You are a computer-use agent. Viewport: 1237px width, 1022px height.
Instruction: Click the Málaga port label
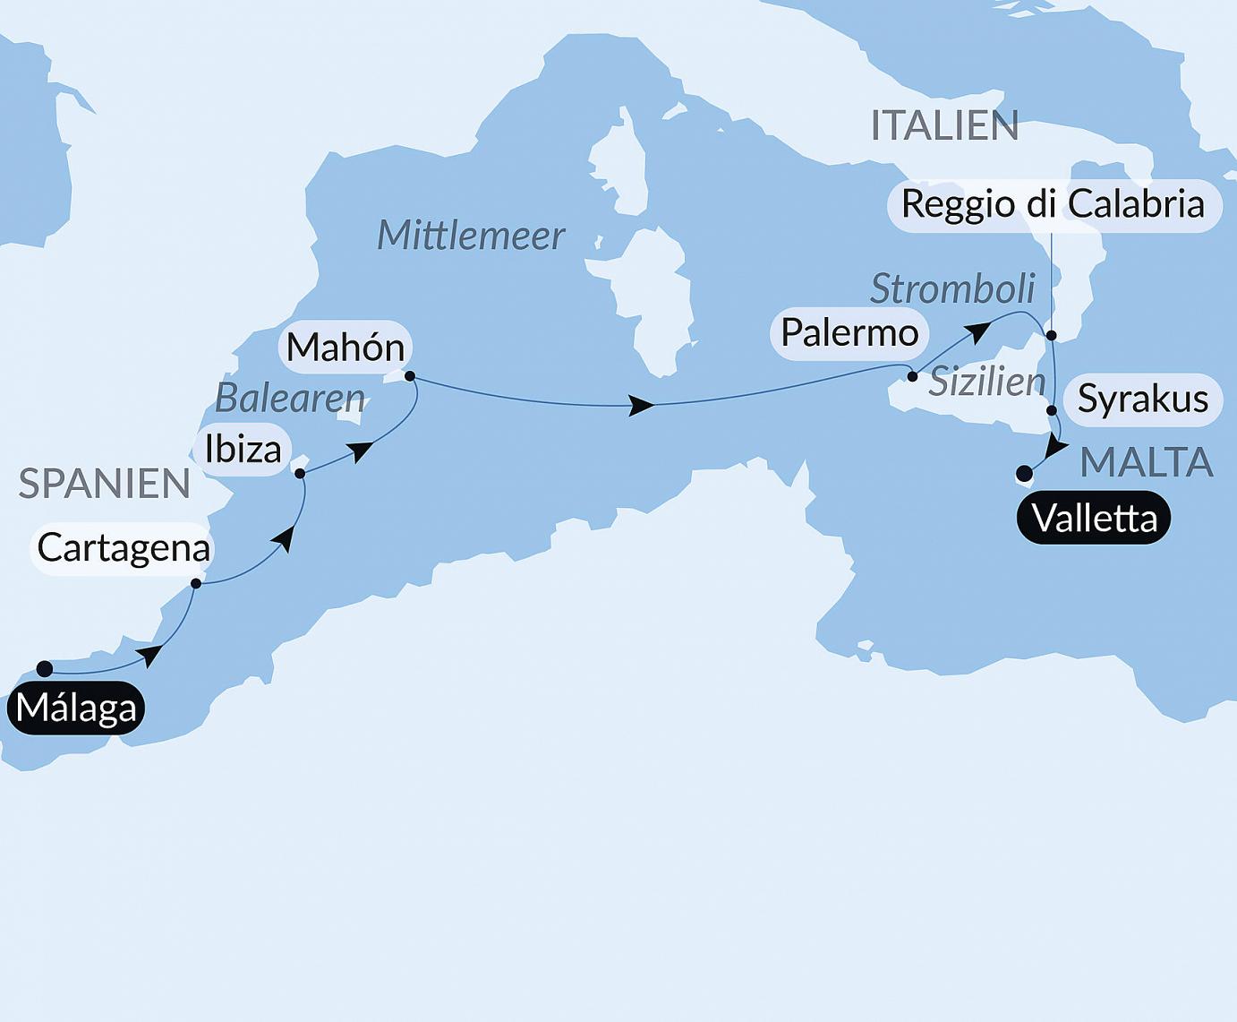(x=76, y=709)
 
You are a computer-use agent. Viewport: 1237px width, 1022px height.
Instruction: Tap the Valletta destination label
(x=1094, y=519)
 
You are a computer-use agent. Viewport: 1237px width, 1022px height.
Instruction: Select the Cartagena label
(x=124, y=548)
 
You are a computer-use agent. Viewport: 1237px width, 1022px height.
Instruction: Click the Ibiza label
(x=243, y=449)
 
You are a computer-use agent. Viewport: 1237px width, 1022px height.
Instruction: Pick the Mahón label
(x=346, y=348)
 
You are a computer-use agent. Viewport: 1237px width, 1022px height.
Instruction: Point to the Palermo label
(x=849, y=333)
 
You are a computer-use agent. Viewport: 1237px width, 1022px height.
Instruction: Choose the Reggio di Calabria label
(x=1053, y=204)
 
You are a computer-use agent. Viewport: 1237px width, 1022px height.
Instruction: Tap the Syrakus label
(x=1142, y=399)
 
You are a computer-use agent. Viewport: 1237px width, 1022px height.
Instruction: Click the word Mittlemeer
(x=471, y=236)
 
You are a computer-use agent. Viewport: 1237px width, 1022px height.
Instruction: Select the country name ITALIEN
(x=944, y=126)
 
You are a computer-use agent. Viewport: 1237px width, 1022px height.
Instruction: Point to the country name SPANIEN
(x=104, y=485)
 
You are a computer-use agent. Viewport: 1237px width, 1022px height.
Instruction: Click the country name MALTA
(x=1146, y=463)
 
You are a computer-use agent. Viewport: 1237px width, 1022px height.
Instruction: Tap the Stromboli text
(x=952, y=289)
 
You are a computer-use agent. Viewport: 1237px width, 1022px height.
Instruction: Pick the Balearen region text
(x=290, y=399)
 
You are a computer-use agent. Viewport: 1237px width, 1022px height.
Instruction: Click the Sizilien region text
(x=986, y=382)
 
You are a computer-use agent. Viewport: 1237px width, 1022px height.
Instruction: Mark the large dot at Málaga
(x=45, y=668)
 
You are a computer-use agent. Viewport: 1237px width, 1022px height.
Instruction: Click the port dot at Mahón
(x=410, y=376)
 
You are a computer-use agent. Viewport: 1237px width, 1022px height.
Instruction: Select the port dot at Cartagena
(x=196, y=584)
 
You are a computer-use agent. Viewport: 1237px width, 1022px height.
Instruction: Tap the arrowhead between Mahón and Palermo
(x=641, y=406)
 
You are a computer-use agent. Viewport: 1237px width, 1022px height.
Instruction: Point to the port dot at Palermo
(x=912, y=377)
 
